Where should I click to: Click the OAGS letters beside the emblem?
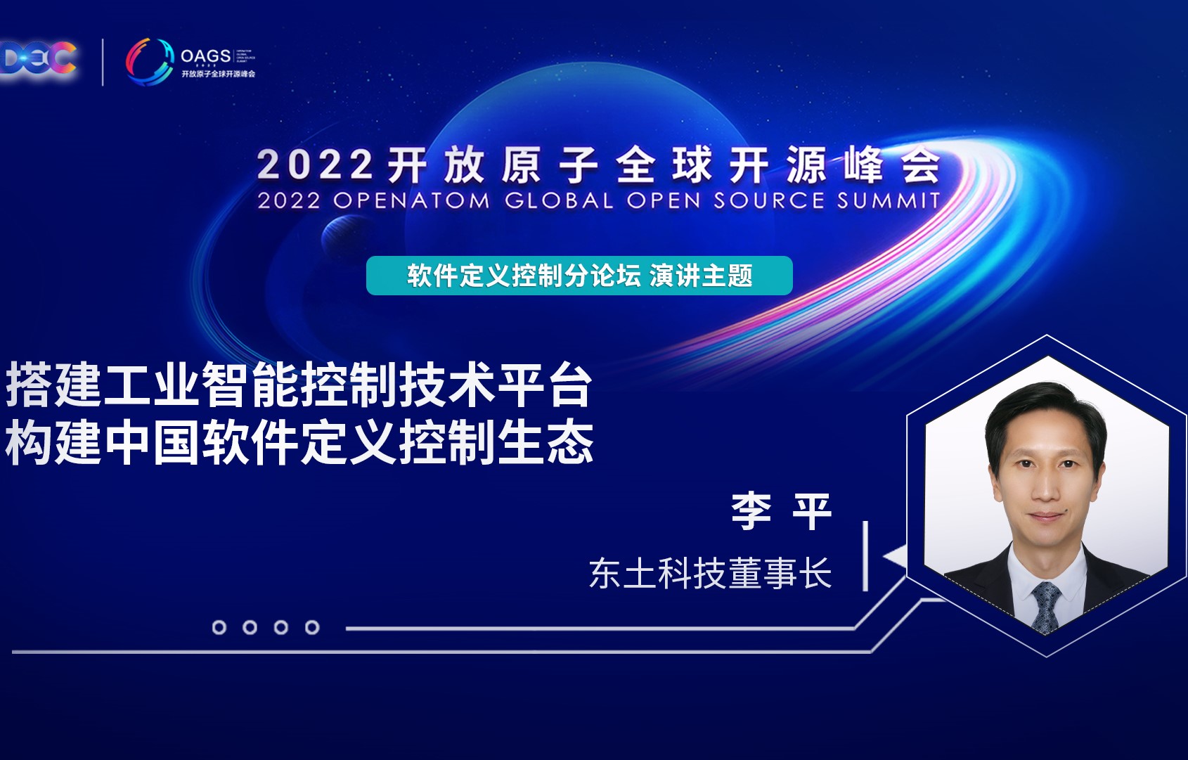[x=205, y=56]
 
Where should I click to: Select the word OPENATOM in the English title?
[x=411, y=201]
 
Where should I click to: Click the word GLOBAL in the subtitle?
[x=559, y=201]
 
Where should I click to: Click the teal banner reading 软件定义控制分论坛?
[x=579, y=276]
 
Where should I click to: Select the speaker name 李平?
[x=781, y=511]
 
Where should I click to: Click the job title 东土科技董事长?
[x=710, y=573]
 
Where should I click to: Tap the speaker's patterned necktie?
[x=1045, y=605]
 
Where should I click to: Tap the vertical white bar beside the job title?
[x=865, y=555]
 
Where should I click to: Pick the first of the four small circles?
[x=219, y=627]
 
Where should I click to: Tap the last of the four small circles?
[x=312, y=627]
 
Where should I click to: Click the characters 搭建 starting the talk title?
[x=53, y=385]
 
